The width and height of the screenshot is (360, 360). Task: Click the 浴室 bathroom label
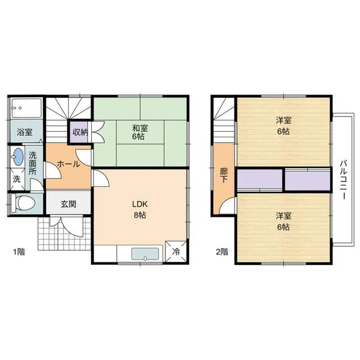25,132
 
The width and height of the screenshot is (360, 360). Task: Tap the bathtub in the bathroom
26,108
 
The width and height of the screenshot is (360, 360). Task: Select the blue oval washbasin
19,156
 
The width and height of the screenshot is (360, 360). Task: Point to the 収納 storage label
80,132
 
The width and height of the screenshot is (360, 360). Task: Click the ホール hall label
69,164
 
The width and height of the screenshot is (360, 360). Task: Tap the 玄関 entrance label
69,204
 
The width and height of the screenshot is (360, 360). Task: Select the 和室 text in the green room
140,128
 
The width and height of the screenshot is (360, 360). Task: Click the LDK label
140,204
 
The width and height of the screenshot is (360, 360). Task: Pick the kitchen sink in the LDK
145,254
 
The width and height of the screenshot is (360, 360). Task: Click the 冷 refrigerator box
176,251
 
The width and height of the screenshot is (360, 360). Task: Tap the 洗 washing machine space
17,179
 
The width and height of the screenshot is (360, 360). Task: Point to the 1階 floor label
19,252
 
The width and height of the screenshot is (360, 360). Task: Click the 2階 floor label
222,252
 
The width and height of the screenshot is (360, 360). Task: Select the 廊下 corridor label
224,175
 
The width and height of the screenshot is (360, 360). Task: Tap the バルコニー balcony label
344,180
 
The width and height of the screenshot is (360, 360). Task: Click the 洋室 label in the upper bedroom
283,120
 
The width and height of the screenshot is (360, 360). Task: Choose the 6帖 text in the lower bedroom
283,227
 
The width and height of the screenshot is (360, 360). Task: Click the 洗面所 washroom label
33,163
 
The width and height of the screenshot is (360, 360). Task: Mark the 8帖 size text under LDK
140,215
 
